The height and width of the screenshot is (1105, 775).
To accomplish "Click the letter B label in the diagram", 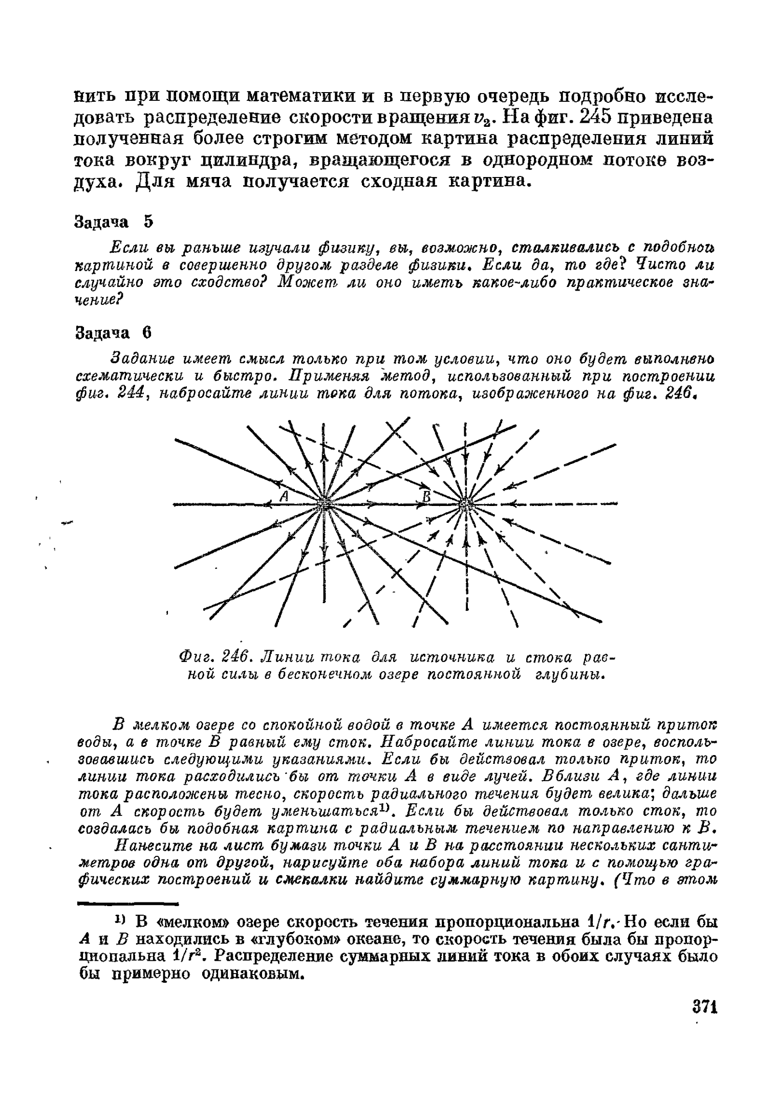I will pos(426,496).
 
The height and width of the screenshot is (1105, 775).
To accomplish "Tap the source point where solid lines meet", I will pos(324,504).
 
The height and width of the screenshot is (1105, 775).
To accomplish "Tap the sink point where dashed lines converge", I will pos(465,504).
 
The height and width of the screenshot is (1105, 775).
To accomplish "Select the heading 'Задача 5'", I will pos(114,222).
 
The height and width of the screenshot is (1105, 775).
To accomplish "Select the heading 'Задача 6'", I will pos(114,333).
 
